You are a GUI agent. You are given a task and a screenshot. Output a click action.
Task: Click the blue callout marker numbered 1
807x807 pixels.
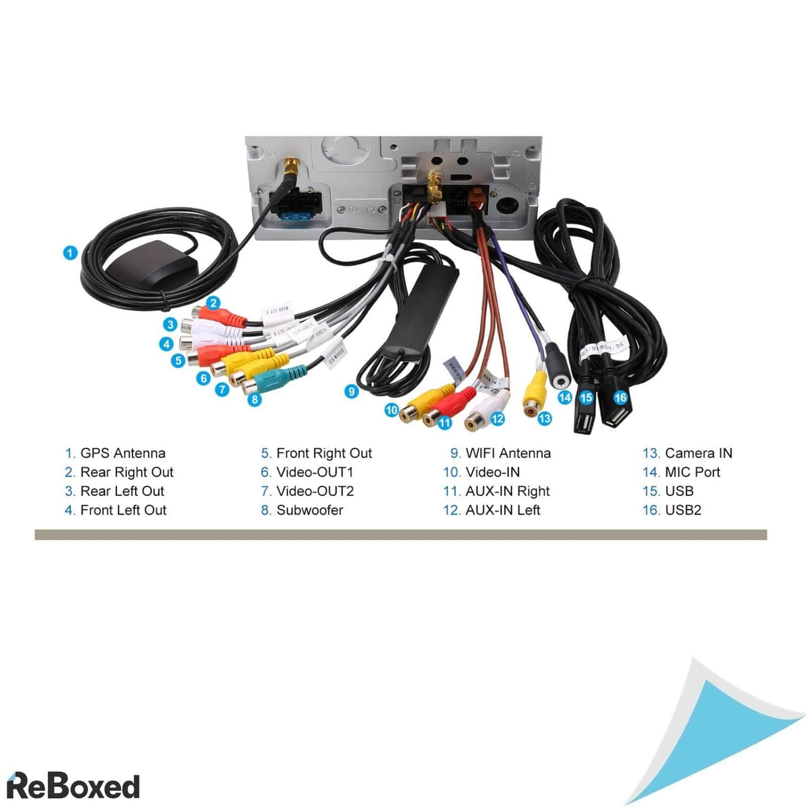point(70,253)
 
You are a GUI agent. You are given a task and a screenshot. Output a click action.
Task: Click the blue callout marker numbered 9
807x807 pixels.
point(351,391)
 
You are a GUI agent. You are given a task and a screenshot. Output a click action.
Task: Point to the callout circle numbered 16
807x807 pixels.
point(620,397)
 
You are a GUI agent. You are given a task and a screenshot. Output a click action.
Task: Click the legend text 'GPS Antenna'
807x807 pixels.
point(122,453)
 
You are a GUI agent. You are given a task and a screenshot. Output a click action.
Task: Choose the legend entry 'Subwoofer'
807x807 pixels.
point(309,510)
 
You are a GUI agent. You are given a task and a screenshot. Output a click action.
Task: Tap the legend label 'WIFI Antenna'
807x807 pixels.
point(508,453)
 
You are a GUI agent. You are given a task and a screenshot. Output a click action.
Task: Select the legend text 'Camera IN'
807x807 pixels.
point(698,453)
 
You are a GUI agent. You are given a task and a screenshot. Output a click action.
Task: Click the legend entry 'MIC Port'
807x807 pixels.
point(692,472)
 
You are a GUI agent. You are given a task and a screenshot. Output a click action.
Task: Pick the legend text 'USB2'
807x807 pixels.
point(683,510)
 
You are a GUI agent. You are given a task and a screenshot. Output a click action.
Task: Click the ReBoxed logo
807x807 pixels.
point(73,785)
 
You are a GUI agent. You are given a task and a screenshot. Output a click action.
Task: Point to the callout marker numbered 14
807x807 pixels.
point(564,397)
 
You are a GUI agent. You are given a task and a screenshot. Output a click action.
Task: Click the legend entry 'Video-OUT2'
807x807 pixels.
point(315,491)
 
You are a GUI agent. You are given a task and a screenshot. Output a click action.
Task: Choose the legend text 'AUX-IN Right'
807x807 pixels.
point(507,491)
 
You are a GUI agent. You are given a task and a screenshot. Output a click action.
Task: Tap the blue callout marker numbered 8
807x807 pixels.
point(254,399)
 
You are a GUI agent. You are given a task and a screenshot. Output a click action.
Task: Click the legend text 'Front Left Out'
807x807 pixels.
point(123,510)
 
